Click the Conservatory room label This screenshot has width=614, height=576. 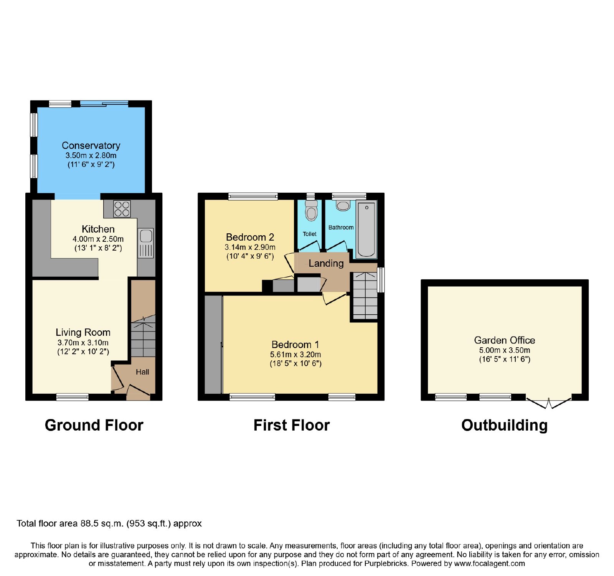click(91, 145)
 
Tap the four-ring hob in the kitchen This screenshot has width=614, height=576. click(122, 209)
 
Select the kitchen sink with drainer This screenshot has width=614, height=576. click(146, 243)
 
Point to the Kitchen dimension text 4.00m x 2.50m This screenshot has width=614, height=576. click(98, 239)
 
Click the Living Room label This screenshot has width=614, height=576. click(83, 332)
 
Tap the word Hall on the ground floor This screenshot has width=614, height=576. click(142, 372)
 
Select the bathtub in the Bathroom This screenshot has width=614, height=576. click(366, 229)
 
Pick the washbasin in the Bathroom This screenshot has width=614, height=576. click(343, 205)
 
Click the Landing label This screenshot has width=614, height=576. click(326, 263)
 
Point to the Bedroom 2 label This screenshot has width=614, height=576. click(250, 237)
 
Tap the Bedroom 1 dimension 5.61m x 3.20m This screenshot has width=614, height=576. click(295, 355)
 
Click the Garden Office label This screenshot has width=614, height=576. click(505, 340)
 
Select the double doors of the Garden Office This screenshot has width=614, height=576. click(549, 403)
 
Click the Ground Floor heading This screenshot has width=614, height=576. click(94, 425)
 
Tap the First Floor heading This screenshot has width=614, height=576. click(292, 425)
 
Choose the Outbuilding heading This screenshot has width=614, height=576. click(504, 426)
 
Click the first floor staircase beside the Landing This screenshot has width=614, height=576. click(365, 295)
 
